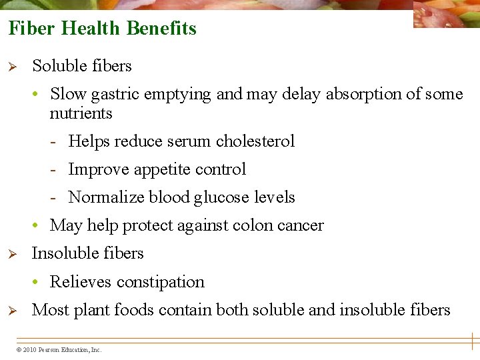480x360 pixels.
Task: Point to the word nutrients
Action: click(81, 113)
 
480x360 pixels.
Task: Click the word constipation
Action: click(160, 282)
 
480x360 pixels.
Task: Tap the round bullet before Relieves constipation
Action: click(41, 283)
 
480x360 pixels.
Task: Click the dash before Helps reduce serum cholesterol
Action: click(59, 142)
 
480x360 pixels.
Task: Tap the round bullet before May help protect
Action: click(41, 226)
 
